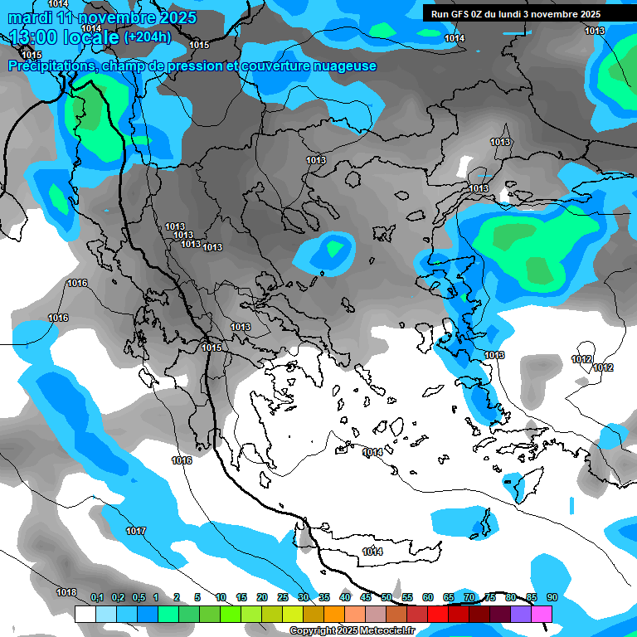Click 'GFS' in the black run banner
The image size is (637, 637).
coord(462,14)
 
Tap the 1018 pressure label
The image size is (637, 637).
coord(66,592)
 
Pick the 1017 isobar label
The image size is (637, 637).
coord(136,531)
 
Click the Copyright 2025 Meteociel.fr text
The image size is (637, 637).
coord(352,631)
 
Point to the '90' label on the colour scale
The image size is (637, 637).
coord(552,597)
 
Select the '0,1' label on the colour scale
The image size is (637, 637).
coord(96,597)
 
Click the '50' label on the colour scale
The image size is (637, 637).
coord(387,597)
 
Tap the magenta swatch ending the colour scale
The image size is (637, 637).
coord(542,614)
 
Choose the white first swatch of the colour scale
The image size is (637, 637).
coord(85,614)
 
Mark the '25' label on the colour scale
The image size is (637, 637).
coord(283,597)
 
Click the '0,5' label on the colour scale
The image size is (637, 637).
coord(138,597)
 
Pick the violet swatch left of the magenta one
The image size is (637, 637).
coord(521,614)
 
